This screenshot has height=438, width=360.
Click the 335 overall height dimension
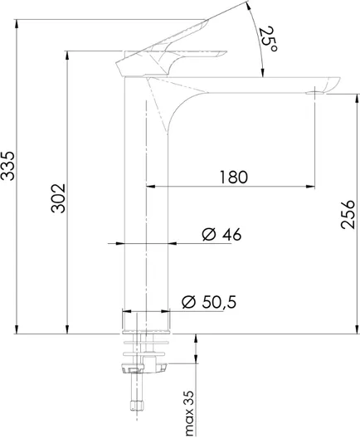(x=7, y=166)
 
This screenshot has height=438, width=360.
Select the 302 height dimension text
(x=58, y=198)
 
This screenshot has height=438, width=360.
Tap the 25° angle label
(x=268, y=38)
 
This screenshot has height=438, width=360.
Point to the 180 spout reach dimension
(x=233, y=177)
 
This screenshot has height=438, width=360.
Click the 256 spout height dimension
(x=348, y=215)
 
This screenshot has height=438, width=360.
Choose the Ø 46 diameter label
(x=221, y=234)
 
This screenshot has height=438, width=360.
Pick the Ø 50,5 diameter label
(x=209, y=302)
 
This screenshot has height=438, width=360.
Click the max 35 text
(x=189, y=413)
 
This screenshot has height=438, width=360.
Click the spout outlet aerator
(x=314, y=93)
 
